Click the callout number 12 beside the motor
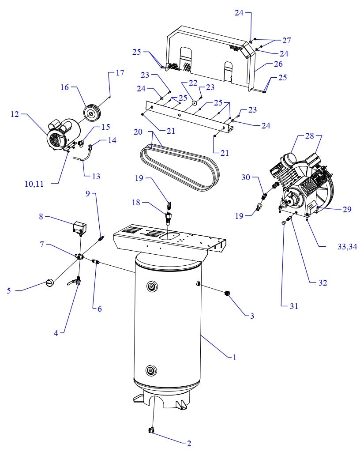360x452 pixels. (15, 114)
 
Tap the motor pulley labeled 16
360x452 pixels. (92, 113)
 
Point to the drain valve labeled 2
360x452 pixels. (150, 429)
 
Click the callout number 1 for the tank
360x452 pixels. (234, 357)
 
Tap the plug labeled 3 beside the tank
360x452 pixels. (229, 293)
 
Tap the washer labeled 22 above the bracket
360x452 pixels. (194, 103)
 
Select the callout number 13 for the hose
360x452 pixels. (96, 176)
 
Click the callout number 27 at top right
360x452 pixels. (287, 41)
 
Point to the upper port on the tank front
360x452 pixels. (152, 287)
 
